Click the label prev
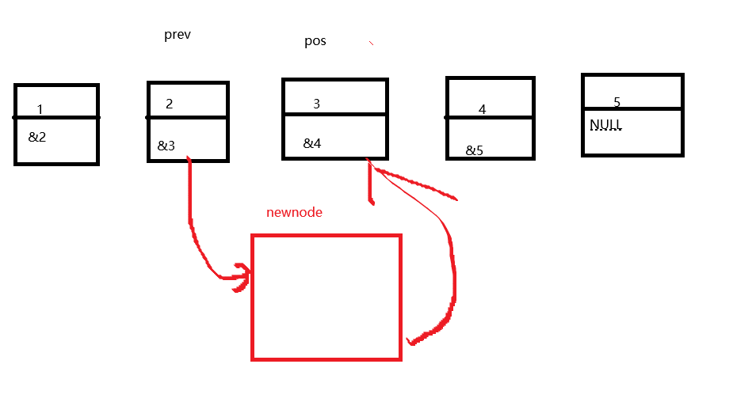point(177,35)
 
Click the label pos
point(315,41)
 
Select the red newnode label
point(294,212)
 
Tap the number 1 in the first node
point(40,109)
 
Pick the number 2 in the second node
point(170,104)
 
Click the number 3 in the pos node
point(317,104)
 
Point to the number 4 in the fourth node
point(482,109)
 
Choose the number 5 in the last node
point(617,102)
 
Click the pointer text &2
point(37,137)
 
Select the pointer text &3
point(166,146)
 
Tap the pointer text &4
point(312,143)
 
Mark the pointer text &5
point(474,150)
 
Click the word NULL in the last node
point(605,125)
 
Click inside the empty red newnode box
point(326,297)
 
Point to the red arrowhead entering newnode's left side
point(242,277)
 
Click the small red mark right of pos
point(370,43)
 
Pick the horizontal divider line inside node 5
point(632,108)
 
